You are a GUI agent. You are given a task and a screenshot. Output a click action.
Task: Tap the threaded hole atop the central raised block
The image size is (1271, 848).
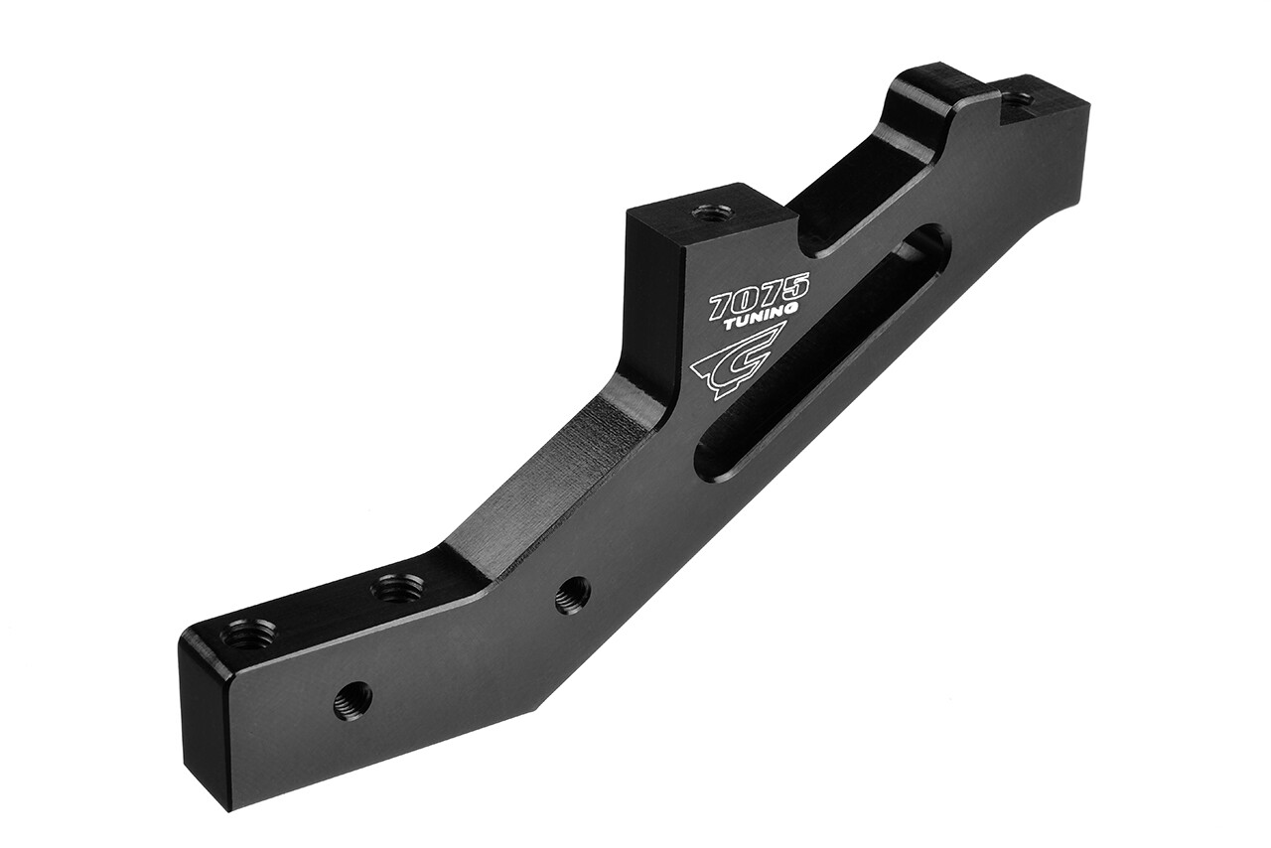click(712, 212)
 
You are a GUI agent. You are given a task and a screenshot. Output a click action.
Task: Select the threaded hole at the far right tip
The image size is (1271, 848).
click(1016, 99)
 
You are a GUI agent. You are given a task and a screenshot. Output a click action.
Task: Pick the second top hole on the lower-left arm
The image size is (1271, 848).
click(396, 589)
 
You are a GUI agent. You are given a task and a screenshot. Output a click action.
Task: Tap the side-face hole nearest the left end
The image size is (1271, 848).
click(353, 700)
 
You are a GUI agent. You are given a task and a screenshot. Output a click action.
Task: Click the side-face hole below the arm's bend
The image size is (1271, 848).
click(572, 595)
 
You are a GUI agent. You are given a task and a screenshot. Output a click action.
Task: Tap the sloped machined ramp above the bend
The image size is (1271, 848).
click(556, 467)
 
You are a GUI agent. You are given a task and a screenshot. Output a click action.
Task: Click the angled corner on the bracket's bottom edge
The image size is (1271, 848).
click(536, 707)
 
